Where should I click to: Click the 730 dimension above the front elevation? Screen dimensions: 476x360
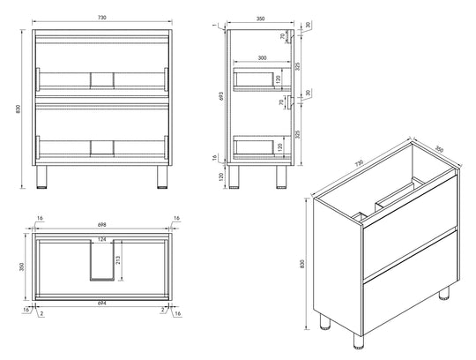click(x=102, y=18)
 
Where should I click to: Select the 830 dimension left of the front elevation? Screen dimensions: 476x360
click(x=18, y=109)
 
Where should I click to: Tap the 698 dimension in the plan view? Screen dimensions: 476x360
click(x=102, y=225)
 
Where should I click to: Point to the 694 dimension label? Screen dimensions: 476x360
click(x=102, y=303)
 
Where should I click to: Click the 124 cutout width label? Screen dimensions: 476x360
click(x=102, y=239)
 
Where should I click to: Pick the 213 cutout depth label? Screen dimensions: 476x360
click(x=118, y=260)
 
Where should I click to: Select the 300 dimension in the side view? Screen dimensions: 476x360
click(x=262, y=57)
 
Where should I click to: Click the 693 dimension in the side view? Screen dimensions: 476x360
click(x=221, y=96)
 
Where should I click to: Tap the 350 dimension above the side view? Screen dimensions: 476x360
click(x=260, y=19)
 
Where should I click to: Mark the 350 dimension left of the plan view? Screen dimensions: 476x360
click(x=21, y=266)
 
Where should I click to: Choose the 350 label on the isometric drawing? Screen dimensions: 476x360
click(x=439, y=149)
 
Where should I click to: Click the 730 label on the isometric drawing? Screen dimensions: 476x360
click(x=359, y=163)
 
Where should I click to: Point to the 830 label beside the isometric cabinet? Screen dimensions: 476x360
click(x=301, y=264)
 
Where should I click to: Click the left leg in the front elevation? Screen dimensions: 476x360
click(x=41, y=177)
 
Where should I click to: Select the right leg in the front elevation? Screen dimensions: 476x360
click(x=162, y=177)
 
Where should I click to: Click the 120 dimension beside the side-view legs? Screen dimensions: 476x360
click(x=221, y=176)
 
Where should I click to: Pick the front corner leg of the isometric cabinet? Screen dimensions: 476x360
click(x=359, y=341)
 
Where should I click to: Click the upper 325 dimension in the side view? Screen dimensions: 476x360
click(x=298, y=66)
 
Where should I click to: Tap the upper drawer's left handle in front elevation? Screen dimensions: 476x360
click(x=38, y=79)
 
